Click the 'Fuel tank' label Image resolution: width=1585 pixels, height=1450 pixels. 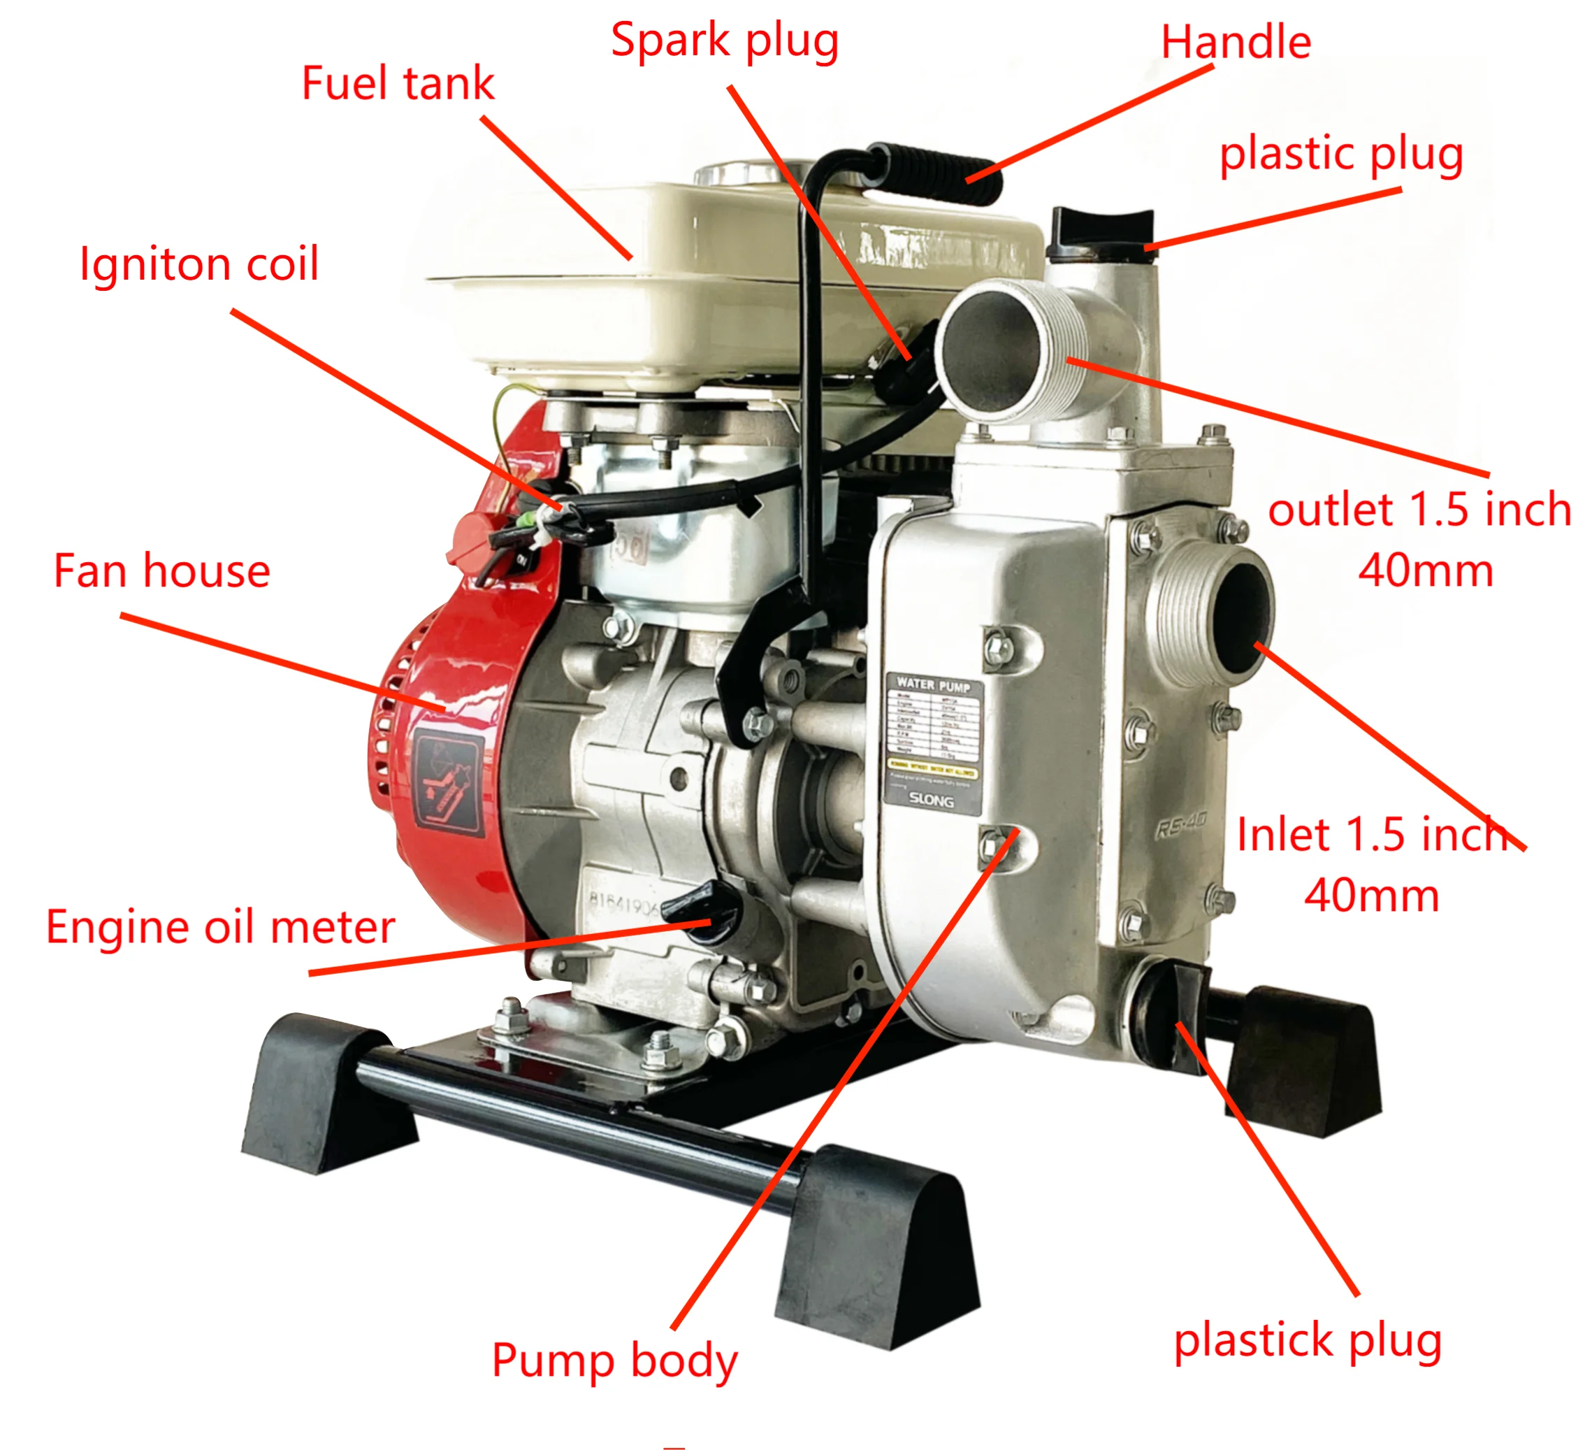tap(398, 83)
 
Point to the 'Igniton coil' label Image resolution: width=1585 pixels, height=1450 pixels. tap(199, 264)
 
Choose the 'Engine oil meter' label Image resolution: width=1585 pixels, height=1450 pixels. tap(220, 927)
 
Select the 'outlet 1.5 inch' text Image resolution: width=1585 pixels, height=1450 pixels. tap(1419, 510)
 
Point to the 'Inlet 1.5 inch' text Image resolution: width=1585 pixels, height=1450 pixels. tap(1372, 834)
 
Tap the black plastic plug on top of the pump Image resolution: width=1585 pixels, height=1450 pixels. tap(1101, 233)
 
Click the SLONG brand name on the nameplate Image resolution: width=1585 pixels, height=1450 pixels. tap(931, 800)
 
